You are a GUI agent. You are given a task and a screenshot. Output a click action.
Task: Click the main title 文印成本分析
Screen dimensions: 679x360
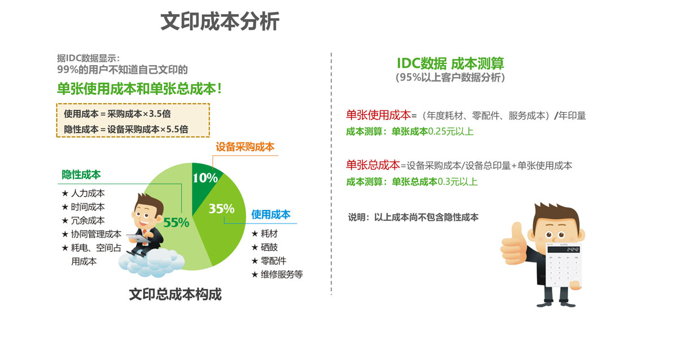[220, 22]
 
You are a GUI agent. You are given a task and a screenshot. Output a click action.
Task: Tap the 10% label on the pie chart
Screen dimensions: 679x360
[205, 178]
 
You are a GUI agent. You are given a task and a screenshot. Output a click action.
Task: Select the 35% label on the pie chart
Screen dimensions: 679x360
[221, 209]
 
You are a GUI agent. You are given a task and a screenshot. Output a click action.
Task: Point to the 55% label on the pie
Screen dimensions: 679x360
[176, 222]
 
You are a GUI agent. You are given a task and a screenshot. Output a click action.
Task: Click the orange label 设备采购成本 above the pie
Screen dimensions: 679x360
[245, 147]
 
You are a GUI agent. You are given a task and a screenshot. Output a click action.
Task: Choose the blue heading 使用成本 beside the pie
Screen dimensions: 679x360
[270, 215]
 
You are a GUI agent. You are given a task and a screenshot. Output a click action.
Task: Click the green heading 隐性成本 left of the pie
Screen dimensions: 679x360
[81, 175]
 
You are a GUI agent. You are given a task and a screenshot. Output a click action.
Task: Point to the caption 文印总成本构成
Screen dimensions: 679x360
[175, 294]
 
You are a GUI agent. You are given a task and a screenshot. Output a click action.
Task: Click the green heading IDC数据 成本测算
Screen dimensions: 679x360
[450, 63]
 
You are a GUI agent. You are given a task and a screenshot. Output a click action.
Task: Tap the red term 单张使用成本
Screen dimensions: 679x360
[379, 115]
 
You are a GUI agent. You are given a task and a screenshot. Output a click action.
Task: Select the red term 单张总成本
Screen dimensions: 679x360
[373, 165]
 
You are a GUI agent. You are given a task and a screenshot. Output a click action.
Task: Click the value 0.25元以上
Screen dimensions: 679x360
[450, 131]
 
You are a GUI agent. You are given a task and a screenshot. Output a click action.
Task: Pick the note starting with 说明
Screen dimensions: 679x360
[413, 217]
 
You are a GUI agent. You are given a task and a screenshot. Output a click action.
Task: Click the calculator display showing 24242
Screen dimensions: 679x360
[564, 249]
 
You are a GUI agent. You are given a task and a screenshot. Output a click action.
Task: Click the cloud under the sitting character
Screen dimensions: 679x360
[151, 263]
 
